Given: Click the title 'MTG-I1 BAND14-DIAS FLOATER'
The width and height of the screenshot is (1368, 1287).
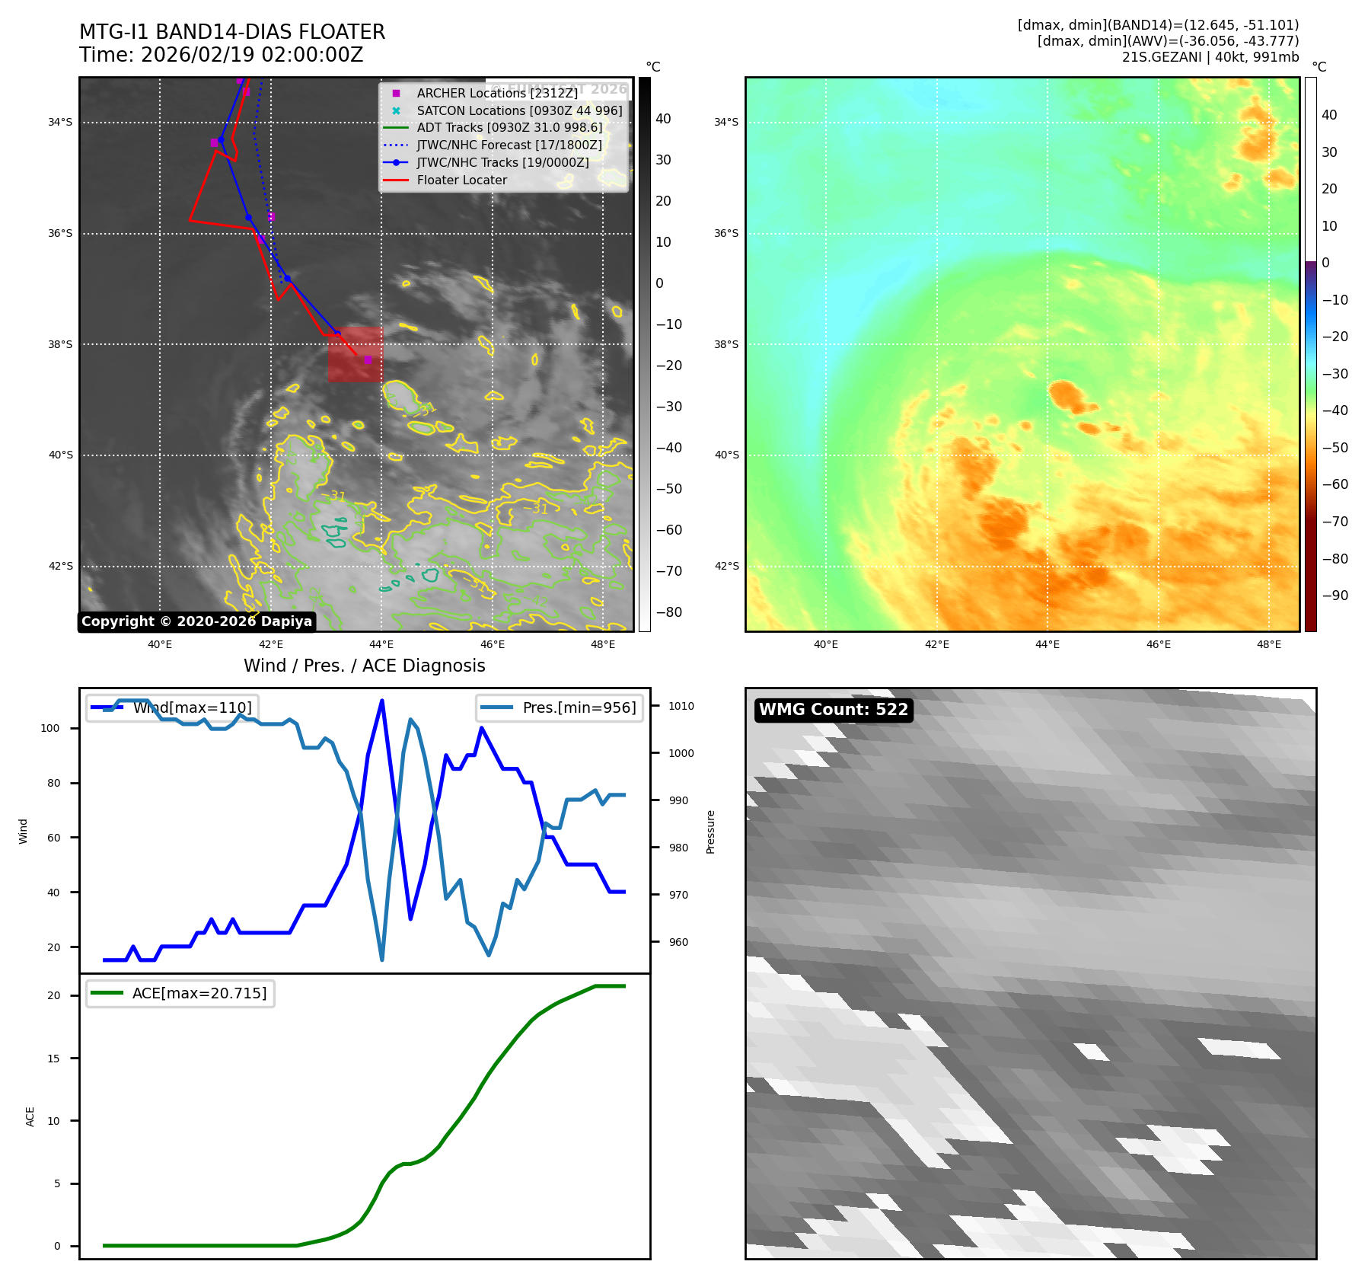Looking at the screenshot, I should (x=232, y=32).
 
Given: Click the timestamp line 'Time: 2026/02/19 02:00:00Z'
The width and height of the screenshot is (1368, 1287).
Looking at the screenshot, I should (x=221, y=55).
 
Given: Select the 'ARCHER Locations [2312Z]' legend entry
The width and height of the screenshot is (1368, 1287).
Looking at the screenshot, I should (x=497, y=93).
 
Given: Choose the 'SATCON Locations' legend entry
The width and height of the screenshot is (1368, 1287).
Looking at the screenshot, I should (x=519, y=110).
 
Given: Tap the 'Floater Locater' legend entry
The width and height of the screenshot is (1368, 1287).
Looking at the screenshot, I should (x=461, y=180).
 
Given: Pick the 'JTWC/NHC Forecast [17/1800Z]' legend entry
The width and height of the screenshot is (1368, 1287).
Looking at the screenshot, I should (x=509, y=145).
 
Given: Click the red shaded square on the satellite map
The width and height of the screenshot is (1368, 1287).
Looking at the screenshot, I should (x=356, y=354).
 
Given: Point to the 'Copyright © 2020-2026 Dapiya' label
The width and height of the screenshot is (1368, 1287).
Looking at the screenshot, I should (x=196, y=621).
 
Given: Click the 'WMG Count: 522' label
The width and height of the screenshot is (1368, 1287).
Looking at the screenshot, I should (x=834, y=710).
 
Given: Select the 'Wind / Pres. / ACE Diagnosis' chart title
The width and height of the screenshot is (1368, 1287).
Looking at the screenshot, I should (x=364, y=666).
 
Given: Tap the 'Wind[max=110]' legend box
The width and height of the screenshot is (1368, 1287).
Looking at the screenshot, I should (x=172, y=707).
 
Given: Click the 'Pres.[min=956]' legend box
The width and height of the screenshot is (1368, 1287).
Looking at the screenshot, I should (x=560, y=707).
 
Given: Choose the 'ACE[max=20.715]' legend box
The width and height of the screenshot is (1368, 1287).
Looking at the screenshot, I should (x=180, y=993).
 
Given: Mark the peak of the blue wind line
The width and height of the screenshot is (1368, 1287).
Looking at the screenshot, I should (x=381, y=701).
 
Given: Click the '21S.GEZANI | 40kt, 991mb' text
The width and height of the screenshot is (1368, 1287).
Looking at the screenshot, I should (x=1210, y=57).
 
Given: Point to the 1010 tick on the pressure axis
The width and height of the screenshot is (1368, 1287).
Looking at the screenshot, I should (x=681, y=706).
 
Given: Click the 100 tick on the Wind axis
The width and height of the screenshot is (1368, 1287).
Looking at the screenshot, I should (x=50, y=728).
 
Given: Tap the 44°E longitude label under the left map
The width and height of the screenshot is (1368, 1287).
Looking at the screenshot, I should (x=381, y=645).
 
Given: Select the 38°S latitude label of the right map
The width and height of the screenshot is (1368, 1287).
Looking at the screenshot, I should (x=725, y=344).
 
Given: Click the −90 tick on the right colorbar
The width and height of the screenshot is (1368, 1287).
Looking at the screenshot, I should (x=1335, y=596).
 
